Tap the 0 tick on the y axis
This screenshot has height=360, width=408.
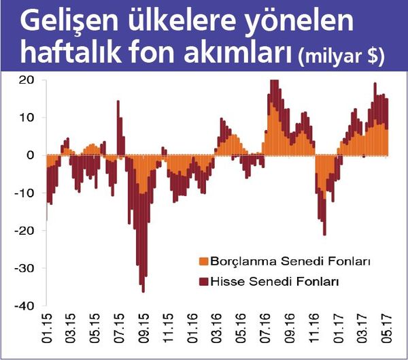click(x=31, y=155)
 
